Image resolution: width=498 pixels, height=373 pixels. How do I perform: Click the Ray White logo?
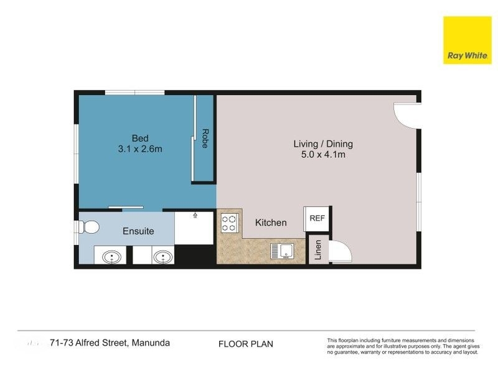[x=467, y=40]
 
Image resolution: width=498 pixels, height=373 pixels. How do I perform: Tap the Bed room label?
[x=140, y=138]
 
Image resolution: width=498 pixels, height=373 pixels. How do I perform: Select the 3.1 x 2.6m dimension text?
[x=140, y=149]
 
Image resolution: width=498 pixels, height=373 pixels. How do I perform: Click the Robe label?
[x=205, y=138]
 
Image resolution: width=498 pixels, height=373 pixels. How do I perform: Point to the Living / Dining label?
[x=323, y=144]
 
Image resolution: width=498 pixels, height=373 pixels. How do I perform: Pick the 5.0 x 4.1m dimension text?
[x=323, y=154]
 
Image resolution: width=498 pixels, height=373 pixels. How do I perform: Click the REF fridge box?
[x=317, y=219]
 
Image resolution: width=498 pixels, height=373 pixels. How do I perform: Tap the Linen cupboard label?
[x=317, y=250]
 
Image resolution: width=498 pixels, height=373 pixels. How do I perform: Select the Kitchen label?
[x=271, y=223]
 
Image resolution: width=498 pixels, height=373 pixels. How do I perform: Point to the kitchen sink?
[x=283, y=251]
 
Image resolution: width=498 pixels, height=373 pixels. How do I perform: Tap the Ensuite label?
[x=138, y=231]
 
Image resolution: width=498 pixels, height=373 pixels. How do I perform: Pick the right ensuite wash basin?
[x=163, y=257]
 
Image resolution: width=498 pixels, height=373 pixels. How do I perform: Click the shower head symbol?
[x=195, y=215]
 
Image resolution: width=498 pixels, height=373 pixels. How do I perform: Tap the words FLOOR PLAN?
[x=246, y=344]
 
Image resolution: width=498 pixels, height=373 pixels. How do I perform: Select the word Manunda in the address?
[x=151, y=343]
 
